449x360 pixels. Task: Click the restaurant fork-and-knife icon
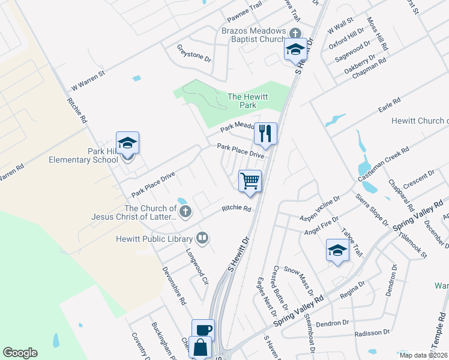[265, 133]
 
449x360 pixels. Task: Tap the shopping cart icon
[250, 181]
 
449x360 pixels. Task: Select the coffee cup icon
[203, 329]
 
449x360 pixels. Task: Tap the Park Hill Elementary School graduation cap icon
[127, 143]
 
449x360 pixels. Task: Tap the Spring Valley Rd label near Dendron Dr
[299, 310]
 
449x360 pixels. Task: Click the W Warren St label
[88, 80]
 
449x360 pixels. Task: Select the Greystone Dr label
[194, 53]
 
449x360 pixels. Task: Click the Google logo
[20, 353]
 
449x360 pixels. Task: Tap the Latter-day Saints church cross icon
[186, 211]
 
